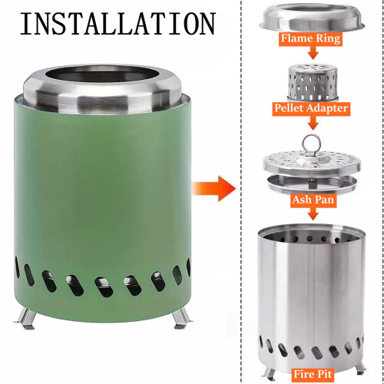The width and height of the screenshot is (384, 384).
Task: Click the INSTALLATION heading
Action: [x=118, y=24]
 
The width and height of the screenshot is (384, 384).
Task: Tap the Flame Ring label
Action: [x=310, y=38]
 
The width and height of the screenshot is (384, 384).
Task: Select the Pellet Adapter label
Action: [x=311, y=108]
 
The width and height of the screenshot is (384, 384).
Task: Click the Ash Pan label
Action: [x=313, y=200]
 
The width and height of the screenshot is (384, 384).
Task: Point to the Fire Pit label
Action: [x=313, y=374]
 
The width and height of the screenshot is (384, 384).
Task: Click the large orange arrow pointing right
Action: [x=214, y=188]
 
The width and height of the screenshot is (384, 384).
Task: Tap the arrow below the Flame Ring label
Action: [x=313, y=52]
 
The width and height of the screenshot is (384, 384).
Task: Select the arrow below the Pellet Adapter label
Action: [x=313, y=122]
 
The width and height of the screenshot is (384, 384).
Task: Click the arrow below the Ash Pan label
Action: [x=313, y=214]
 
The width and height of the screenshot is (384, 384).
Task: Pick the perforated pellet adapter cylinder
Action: [x=313, y=82]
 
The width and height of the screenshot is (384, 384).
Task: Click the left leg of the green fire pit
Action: [x=25, y=319]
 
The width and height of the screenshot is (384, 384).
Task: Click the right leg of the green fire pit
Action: [x=182, y=318]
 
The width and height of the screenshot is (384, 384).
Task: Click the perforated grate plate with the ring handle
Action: [x=312, y=164]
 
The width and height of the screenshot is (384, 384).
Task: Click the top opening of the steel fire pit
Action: [x=311, y=233]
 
